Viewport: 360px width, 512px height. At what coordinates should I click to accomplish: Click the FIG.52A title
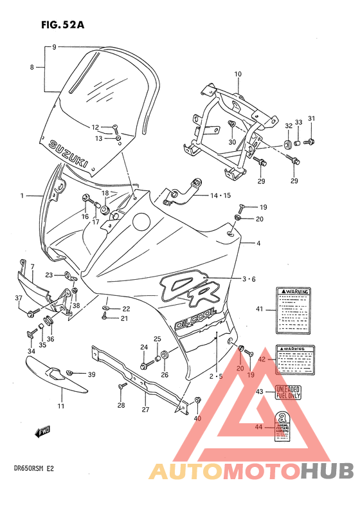click(x=62, y=25)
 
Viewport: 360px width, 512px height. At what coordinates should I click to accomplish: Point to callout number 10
click(x=238, y=75)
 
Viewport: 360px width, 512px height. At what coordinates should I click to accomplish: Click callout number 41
click(x=260, y=309)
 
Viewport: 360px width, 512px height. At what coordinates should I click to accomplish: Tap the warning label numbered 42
click(x=296, y=360)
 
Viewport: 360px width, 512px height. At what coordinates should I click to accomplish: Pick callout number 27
click(x=146, y=410)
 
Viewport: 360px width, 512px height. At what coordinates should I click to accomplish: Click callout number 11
click(x=60, y=406)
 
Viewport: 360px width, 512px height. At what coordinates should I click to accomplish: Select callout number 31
click(x=311, y=118)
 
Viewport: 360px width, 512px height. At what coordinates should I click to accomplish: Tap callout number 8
click(x=32, y=67)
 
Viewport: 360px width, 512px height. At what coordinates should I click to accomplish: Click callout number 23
click(x=50, y=275)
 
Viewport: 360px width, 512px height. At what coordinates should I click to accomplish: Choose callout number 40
click(x=197, y=419)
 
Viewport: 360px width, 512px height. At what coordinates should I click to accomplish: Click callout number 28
click(x=121, y=405)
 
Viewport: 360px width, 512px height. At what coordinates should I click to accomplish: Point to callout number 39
click(x=91, y=375)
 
